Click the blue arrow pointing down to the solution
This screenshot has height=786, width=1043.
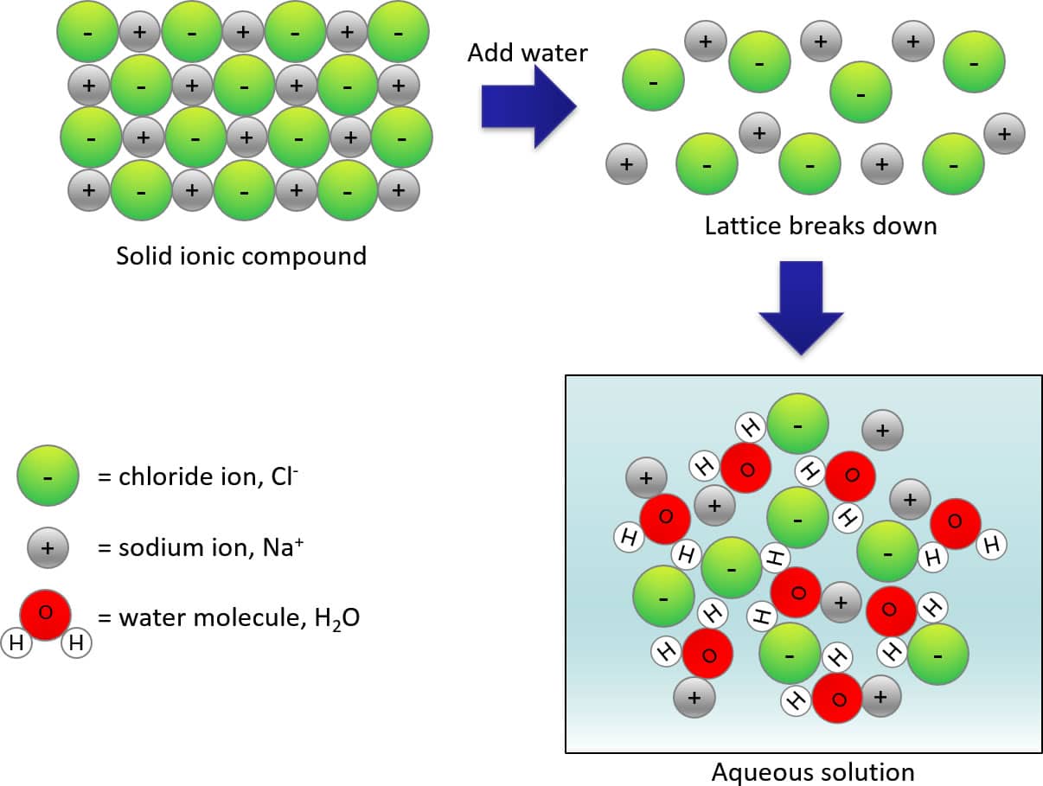point(801,308)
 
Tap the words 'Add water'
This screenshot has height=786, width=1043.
point(528,53)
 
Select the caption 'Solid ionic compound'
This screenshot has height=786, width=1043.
point(241,256)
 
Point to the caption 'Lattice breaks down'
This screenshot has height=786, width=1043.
point(820,226)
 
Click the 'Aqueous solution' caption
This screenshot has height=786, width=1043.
point(812,771)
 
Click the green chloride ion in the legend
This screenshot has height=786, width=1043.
point(48,476)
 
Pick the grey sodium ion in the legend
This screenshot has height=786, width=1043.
point(48,547)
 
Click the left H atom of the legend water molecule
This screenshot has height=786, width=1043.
point(17,642)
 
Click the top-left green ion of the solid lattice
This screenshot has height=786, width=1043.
point(87,32)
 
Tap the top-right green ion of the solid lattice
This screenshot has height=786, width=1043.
point(398,32)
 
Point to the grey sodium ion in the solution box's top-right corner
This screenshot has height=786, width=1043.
point(882,430)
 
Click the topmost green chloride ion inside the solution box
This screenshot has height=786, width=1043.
point(797,424)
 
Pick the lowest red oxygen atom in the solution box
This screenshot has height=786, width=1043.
point(837,699)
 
